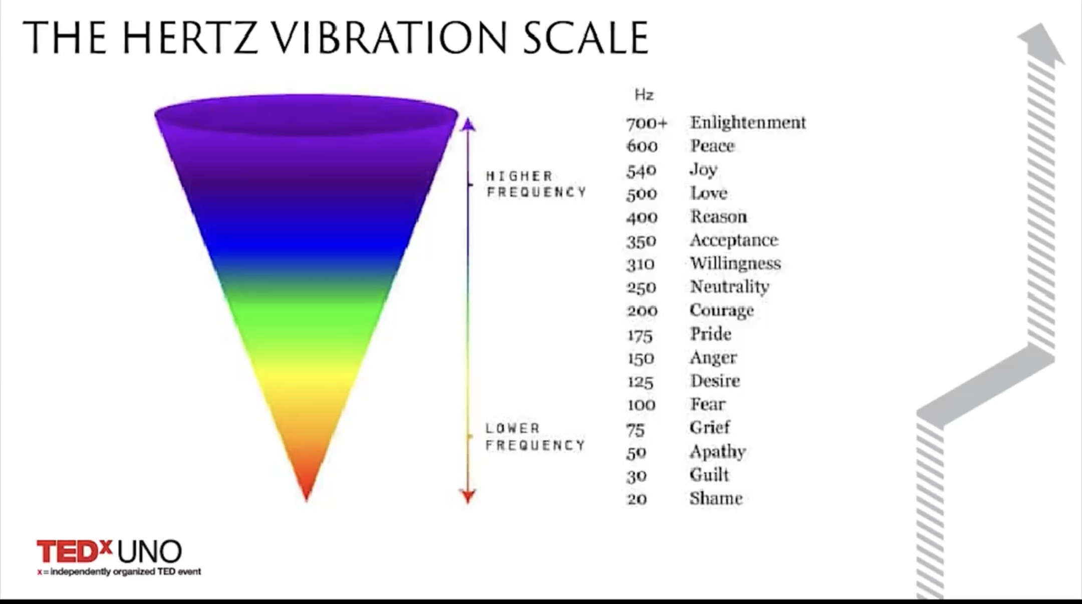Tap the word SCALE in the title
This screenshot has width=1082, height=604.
click(x=586, y=38)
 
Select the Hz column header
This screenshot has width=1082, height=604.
click(x=644, y=95)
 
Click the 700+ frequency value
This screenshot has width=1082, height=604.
click(x=647, y=123)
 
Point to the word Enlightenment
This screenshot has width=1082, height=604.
click(x=748, y=122)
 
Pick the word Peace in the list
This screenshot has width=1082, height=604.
click(x=712, y=146)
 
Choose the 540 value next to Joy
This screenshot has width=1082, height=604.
click(x=641, y=170)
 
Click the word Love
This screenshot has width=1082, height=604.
click(x=708, y=193)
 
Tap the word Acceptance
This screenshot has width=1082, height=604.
click(x=734, y=240)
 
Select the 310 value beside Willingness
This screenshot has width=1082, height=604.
click(x=641, y=264)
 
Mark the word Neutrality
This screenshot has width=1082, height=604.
click(x=729, y=287)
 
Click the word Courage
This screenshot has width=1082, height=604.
click(x=721, y=311)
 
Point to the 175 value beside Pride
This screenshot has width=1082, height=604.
click(x=640, y=335)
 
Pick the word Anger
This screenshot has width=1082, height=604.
click(x=713, y=358)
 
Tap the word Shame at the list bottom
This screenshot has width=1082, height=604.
click(x=716, y=498)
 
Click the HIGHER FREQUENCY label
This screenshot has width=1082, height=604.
click(x=536, y=184)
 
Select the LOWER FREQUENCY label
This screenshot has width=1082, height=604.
click(x=535, y=437)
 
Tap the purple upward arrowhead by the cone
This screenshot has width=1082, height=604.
click(x=468, y=124)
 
